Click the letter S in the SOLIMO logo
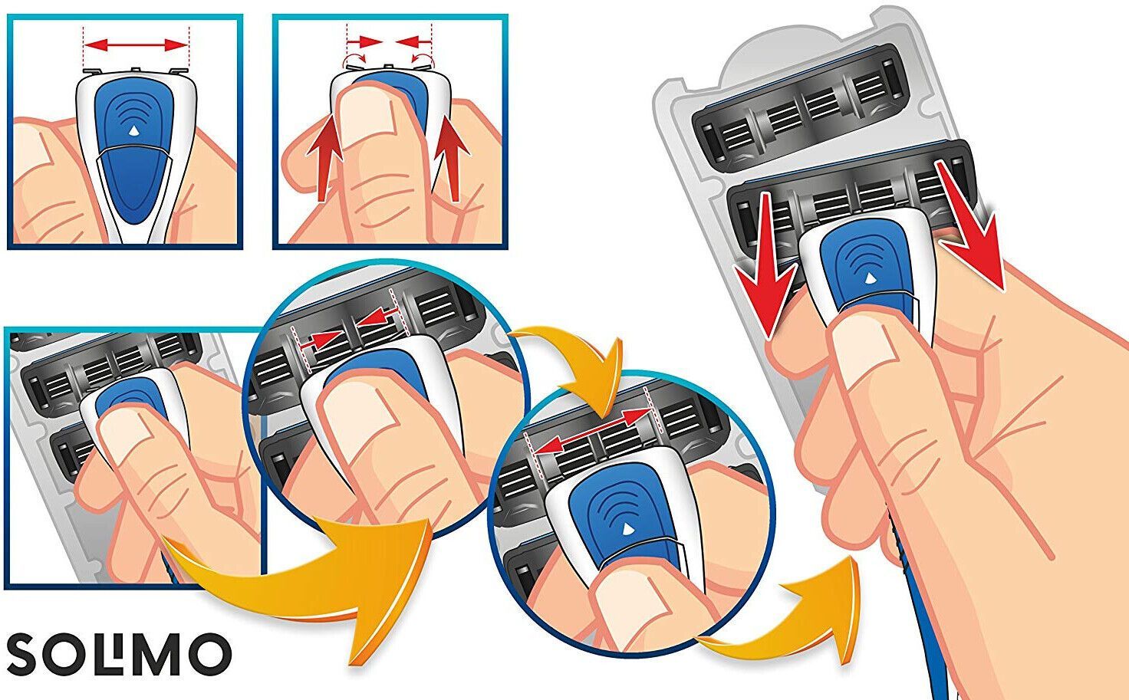(26, 654)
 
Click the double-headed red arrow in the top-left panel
(136, 46)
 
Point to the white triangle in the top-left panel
(133, 130)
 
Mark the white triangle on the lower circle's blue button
(628, 529)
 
